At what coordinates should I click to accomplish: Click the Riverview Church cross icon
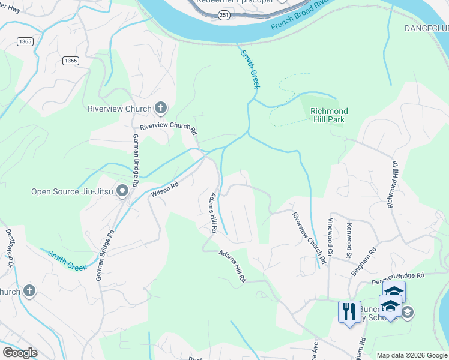[x=160, y=109]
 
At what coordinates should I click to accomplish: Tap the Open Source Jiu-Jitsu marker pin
[x=122, y=191]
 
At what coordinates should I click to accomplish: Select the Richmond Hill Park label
[x=329, y=115]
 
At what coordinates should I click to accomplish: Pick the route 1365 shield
[x=25, y=41]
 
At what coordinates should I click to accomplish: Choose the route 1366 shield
[x=71, y=61]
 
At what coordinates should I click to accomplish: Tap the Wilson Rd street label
[x=165, y=190]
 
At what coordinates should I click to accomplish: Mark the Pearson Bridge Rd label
[x=398, y=276]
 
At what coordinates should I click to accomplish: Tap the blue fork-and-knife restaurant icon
[x=349, y=311]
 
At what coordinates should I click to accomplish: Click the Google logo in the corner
[x=20, y=352]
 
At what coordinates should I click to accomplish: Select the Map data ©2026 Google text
[x=411, y=355]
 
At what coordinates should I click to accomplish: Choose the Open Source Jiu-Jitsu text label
[x=73, y=191]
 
